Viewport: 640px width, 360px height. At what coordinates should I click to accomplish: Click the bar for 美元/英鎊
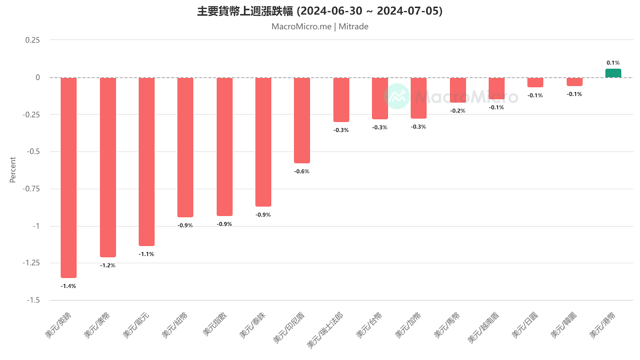68,177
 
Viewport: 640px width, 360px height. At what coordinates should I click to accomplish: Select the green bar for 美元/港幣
613,73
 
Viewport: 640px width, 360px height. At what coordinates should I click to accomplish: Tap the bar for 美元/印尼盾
302,120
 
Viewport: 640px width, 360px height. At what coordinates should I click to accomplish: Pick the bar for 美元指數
224,146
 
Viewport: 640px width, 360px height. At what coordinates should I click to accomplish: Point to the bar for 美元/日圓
535,82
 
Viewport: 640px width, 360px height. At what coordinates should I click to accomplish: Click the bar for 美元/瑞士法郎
341,100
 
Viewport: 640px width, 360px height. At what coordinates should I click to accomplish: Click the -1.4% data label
68,286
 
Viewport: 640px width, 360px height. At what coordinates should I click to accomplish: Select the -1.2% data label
108,265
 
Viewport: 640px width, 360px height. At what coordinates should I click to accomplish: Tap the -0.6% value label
302,171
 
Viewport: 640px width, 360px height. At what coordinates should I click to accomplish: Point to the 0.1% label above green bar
613,63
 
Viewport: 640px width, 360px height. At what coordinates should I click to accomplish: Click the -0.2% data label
458,111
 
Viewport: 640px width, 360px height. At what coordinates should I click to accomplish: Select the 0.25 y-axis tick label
33,40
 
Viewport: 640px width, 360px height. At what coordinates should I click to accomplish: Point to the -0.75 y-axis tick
31,189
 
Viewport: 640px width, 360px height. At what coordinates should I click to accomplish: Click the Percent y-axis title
13,170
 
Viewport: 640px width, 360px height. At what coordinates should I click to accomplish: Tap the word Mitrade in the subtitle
354,26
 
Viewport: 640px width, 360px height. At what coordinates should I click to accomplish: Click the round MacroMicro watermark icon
397,96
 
